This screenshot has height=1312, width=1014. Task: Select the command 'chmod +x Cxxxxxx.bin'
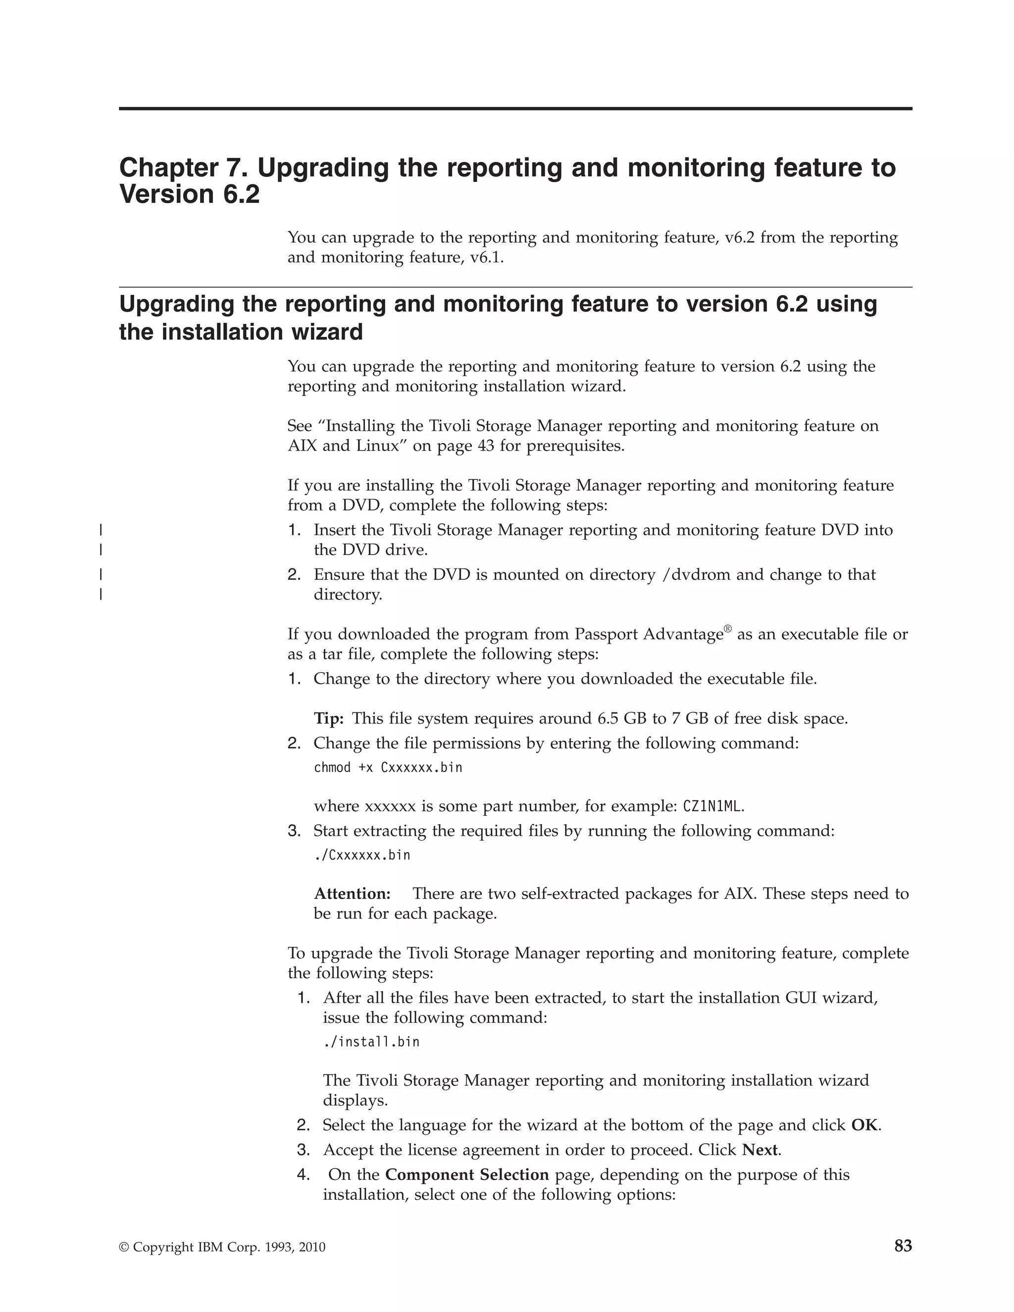388,768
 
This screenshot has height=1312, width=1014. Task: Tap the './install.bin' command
371,1041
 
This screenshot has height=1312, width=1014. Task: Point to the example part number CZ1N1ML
712,806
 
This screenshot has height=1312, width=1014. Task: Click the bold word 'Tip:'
329,718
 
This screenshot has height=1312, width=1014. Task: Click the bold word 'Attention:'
352,893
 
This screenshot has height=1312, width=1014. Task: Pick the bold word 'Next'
760,1150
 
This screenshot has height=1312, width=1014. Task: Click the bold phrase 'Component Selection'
467,1174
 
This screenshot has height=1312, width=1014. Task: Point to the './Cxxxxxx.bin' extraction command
362,855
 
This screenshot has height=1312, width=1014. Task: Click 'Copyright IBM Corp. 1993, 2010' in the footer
222,1248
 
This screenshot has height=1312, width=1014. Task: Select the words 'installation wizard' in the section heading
241,332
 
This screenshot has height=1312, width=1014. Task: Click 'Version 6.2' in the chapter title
189,195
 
